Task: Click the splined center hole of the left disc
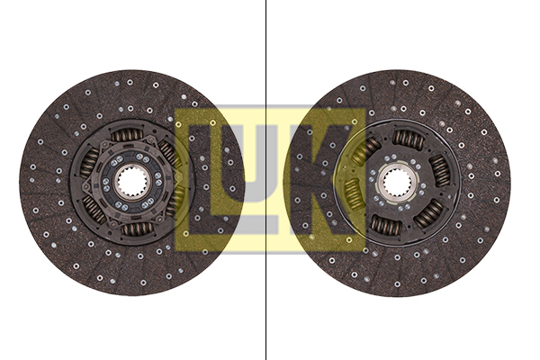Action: click(131, 183)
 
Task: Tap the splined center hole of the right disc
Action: click(397, 184)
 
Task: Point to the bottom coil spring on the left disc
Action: click(136, 229)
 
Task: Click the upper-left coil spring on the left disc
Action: click(90, 162)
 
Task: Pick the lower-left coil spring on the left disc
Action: click(94, 209)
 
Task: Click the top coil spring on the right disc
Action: click(408, 139)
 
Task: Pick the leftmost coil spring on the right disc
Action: click(352, 193)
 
